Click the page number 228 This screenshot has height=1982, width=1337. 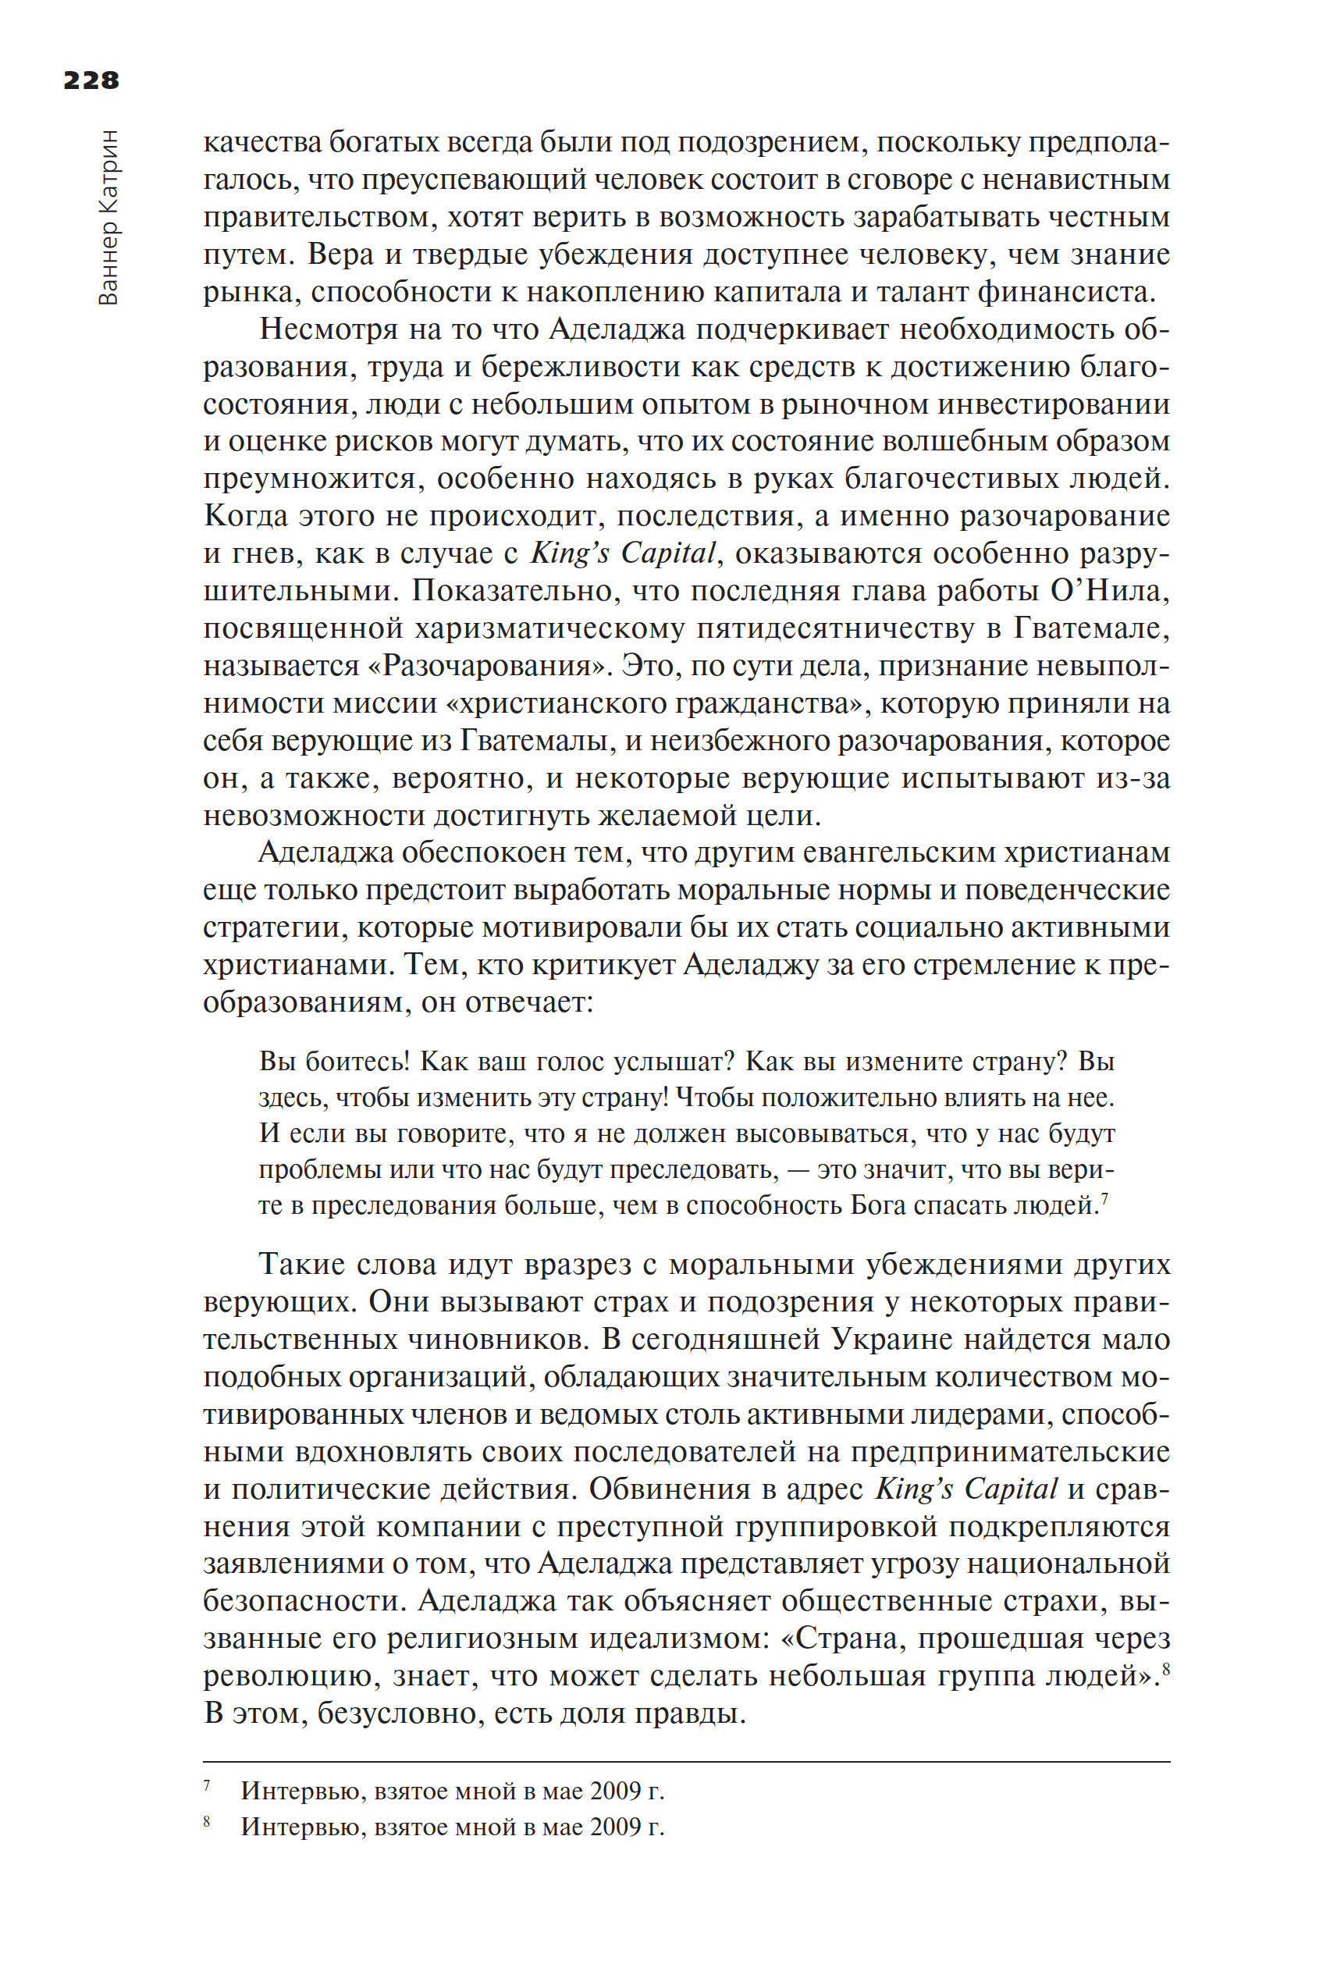pos(91,80)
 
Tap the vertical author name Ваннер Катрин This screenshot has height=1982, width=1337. pos(109,219)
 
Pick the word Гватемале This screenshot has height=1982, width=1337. pos(1090,628)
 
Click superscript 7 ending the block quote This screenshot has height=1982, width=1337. pos(1104,1198)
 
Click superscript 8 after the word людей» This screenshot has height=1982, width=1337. pos(1165,1671)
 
